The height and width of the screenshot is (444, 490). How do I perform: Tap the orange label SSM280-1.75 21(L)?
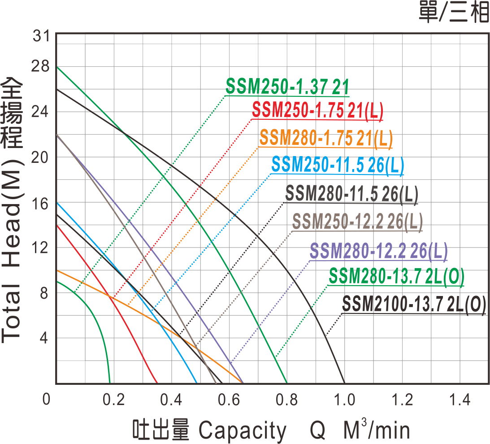tap(326, 139)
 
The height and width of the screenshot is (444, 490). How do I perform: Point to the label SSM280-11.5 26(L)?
tap(351, 194)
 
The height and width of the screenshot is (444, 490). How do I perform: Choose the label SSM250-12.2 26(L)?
tap(357, 221)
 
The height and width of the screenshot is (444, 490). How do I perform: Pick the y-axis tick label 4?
tap(44, 339)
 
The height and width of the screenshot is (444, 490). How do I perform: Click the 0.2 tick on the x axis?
tap(114, 399)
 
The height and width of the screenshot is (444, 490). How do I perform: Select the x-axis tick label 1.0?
tap(345, 399)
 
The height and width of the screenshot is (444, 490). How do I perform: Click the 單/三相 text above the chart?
tap(453, 13)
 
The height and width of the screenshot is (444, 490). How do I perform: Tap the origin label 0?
tap(47, 399)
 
